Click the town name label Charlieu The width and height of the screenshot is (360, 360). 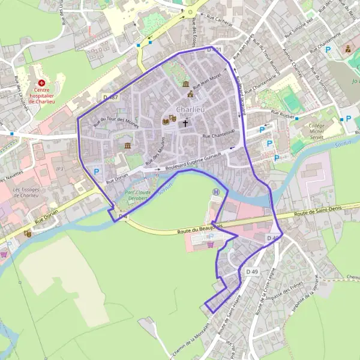point(191,110)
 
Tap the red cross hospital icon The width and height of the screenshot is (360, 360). point(41,83)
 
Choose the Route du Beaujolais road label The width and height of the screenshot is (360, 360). point(200,229)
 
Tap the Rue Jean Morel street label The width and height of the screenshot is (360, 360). point(208,80)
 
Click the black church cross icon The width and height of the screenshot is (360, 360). point(185,124)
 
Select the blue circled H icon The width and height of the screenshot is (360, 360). point(216,192)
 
